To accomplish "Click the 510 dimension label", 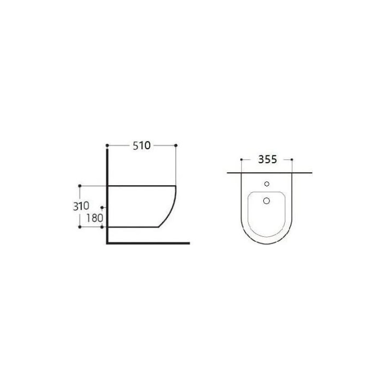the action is (x=141, y=146).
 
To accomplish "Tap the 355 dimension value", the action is (x=268, y=160).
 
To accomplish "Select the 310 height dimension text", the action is (x=81, y=206).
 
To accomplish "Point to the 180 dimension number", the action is (x=94, y=218).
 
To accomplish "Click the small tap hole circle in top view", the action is (x=267, y=184).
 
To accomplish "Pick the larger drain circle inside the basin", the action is (x=267, y=201).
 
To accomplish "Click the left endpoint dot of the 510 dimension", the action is (x=107, y=146).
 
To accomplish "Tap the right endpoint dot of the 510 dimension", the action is (x=176, y=146).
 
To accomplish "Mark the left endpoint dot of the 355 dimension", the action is (x=242, y=160).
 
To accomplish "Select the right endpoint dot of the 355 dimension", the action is (x=292, y=160).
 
